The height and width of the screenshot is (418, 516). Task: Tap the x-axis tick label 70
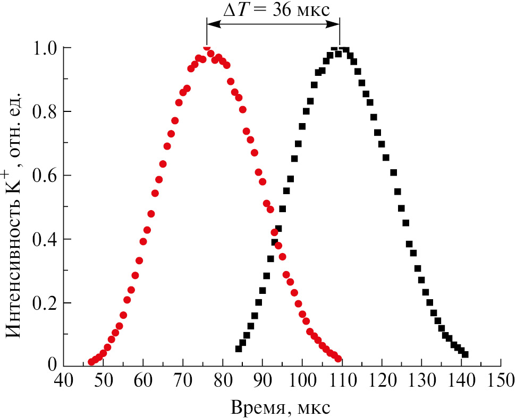pyautogui.click(x=183, y=381)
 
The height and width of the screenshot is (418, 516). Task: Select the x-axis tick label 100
pyautogui.click(x=302, y=381)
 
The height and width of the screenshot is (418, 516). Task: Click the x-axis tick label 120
pyautogui.click(x=382, y=381)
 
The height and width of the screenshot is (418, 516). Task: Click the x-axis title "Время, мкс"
pyautogui.click(x=281, y=407)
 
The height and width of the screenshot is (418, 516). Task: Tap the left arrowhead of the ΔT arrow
pyautogui.click(x=209, y=23)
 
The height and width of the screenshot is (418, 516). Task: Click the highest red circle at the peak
pyautogui.click(x=207, y=47)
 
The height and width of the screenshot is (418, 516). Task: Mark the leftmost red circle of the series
pyautogui.click(x=91, y=362)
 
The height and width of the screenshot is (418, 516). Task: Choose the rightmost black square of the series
pyautogui.click(x=465, y=354)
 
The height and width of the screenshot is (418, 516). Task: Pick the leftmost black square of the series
pyautogui.click(x=239, y=349)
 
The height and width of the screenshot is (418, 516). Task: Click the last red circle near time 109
pyautogui.click(x=338, y=359)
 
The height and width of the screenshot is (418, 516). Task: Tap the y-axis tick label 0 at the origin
pyautogui.click(x=53, y=364)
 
